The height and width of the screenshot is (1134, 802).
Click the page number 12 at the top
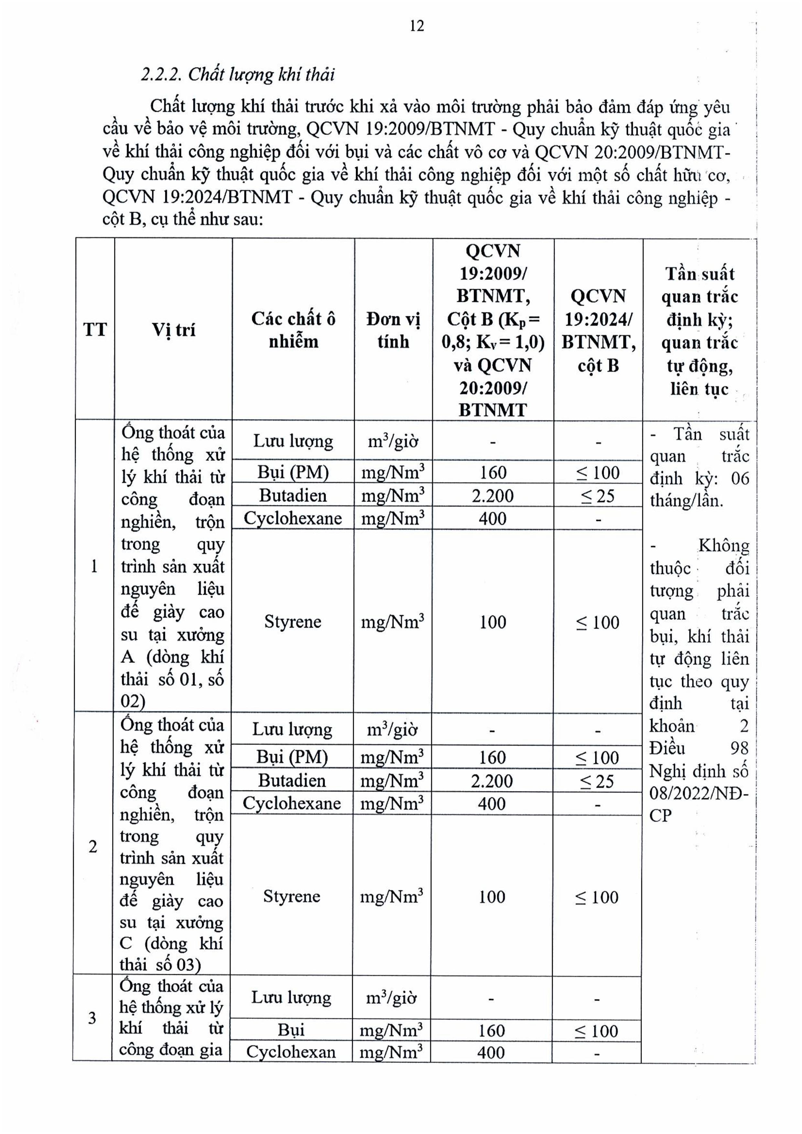coord(417,26)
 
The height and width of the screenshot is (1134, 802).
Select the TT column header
coord(94,329)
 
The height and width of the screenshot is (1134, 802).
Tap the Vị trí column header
coord(173,329)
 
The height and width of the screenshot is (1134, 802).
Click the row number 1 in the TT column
coord(94,566)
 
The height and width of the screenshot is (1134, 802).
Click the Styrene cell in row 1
coord(293,621)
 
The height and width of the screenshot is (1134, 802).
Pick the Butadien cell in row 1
coord(293,495)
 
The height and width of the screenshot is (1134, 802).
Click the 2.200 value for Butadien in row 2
coord(492,781)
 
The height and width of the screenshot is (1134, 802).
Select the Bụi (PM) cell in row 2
coord(292,757)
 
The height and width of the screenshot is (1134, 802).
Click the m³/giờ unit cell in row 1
coord(393,440)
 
